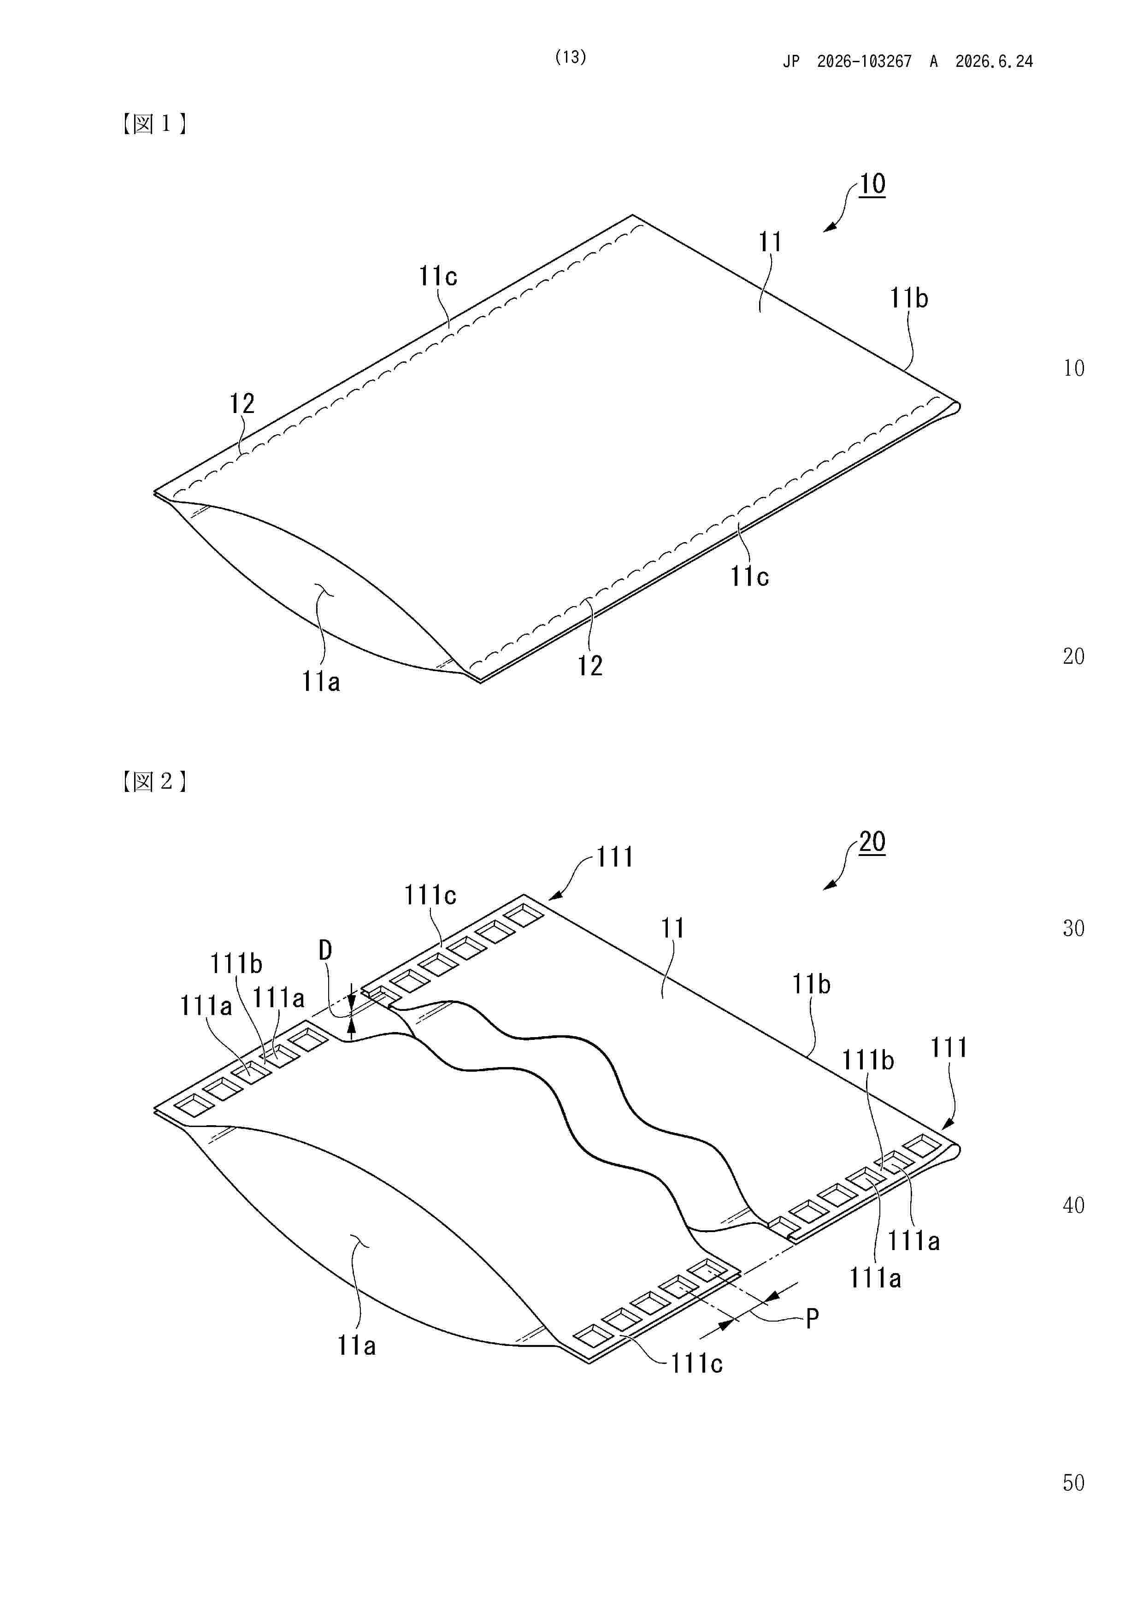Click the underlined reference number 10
(872, 184)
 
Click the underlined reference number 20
(872, 842)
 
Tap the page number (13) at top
(571, 58)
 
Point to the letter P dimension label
(812, 1318)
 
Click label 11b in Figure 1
(908, 299)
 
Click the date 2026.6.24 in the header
(994, 62)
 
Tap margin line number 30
(1073, 929)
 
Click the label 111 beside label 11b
(949, 1048)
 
